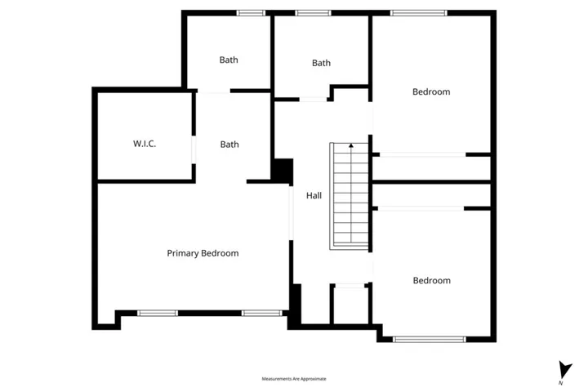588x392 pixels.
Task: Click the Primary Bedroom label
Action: (203, 253)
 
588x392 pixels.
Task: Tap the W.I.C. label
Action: (145, 145)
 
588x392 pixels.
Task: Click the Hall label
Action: (314, 196)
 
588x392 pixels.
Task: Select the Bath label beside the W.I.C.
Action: (229, 145)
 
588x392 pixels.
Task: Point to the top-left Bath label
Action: (229, 60)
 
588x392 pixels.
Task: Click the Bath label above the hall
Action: (321, 63)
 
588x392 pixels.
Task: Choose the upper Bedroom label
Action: (430, 92)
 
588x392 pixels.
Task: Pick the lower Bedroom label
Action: (431, 281)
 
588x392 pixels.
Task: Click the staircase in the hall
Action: (351, 197)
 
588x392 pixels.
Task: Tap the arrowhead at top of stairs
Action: (351, 145)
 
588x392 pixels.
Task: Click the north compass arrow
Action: (561, 368)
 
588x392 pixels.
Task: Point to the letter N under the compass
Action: (561, 382)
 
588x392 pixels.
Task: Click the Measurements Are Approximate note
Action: (294, 379)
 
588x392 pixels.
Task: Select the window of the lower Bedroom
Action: (430, 339)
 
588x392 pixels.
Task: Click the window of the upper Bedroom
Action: (418, 12)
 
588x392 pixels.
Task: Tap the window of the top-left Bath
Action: (251, 12)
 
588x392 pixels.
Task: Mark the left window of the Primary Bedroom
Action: (157, 313)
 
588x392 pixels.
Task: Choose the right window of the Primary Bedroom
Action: (261, 313)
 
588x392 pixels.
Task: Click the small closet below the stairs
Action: (351, 305)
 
